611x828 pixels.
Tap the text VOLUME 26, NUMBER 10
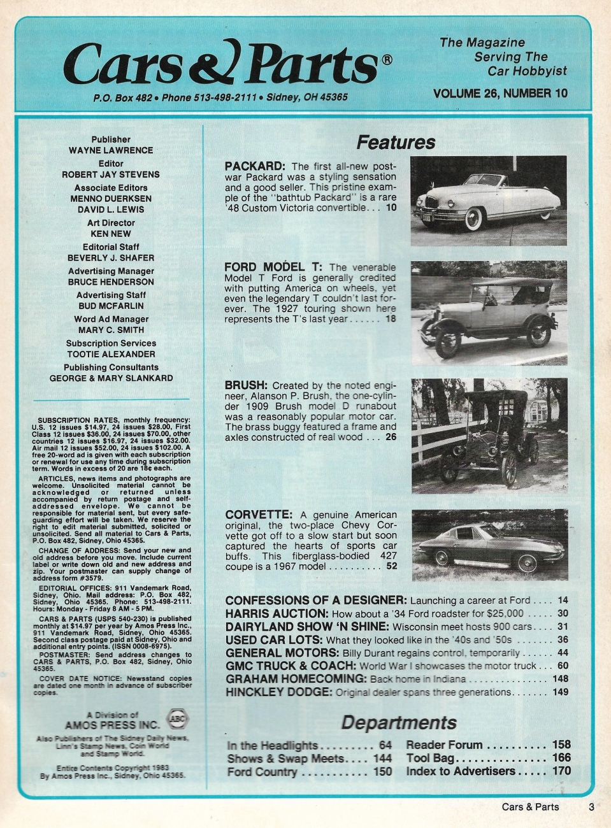point(500,94)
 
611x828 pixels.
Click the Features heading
point(396,142)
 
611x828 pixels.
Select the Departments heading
point(399,722)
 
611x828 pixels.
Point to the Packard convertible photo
point(488,201)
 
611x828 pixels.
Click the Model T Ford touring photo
point(488,313)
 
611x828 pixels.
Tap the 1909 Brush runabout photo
point(488,436)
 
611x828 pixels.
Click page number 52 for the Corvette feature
point(391,566)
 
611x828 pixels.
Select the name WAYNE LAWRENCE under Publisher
point(111,150)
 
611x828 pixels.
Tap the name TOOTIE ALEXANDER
point(111,354)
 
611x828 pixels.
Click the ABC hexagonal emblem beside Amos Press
point(176,718)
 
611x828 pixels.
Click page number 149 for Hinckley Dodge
point(561,692)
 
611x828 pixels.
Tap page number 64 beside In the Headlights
point(385,745)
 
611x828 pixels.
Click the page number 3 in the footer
point(591,806)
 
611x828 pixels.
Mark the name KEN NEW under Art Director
point(111,234)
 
